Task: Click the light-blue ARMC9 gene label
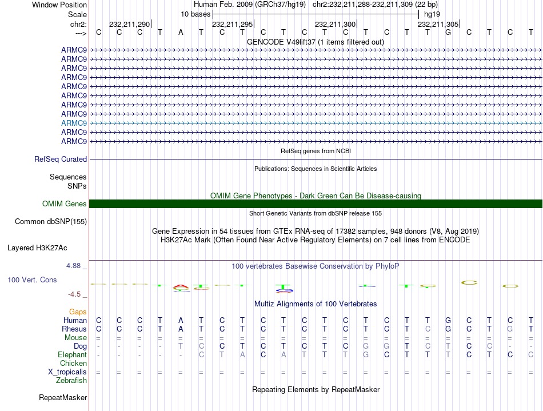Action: tap(74, 123)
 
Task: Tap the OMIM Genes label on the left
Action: tap(65, 204)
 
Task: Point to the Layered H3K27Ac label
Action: tap(37, 248)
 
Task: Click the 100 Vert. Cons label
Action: tap(32, 280)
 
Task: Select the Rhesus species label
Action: tap(74, 329)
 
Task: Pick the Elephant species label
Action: tap(72, 355)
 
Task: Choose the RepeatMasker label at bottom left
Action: tap(63, 397)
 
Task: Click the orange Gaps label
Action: tap(78, 312)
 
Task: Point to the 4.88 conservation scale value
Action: tap(74, 266)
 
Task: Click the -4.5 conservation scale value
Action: tap(75, 294)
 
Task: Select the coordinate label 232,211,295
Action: tap(232, 25)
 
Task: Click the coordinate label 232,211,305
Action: tap(438, 25)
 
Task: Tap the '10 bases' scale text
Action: tap(195, 14)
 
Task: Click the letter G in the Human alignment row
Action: tap(448, 321)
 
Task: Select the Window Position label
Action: tap(59, 5)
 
